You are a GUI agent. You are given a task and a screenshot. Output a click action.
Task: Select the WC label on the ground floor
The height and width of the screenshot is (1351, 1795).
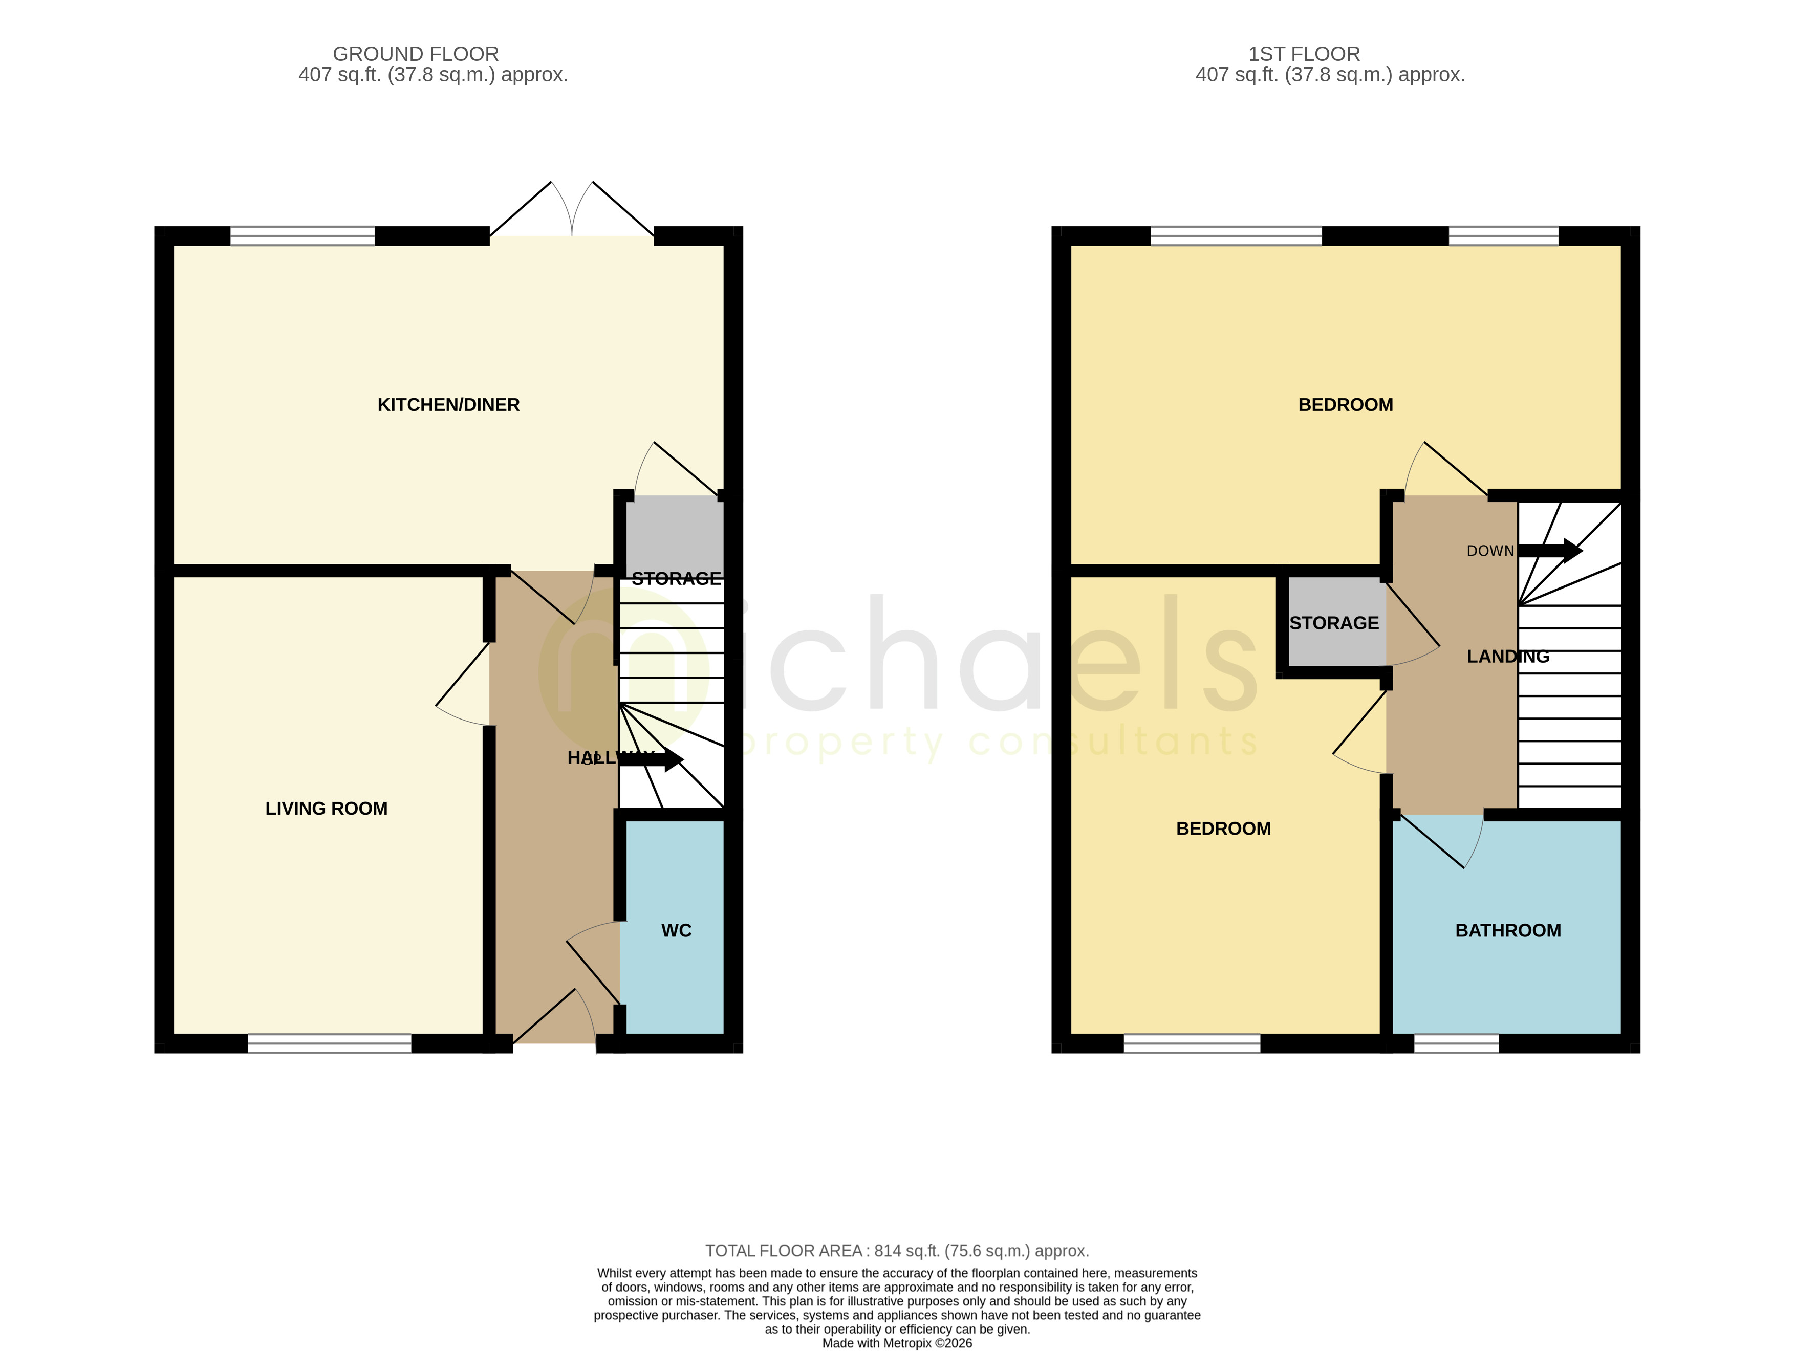[x=676, y=931]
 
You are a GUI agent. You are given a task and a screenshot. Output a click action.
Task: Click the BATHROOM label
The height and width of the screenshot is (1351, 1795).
[x=1508, y=931]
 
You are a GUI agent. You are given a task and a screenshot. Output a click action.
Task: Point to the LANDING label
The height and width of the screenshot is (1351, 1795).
[x=1508, y=657]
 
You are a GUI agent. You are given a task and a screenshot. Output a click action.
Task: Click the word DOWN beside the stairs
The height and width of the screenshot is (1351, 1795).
[x=1490, y=551]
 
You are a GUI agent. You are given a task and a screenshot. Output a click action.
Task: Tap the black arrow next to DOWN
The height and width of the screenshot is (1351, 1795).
[x=1550, y=551]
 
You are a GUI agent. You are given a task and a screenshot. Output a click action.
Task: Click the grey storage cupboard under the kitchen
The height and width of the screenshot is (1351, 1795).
[x=675, y=535]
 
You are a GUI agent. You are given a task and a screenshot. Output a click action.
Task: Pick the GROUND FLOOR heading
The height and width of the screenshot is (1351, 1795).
[x=416, y=54]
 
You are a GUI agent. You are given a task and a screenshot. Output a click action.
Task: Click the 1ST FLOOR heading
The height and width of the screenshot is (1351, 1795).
[x=1304, y=54]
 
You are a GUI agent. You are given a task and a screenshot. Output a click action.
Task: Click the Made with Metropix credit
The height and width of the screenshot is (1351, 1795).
[x=897, y=1343]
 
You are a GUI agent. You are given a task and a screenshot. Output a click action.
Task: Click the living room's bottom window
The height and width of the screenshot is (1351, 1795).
[x=330, y=1043]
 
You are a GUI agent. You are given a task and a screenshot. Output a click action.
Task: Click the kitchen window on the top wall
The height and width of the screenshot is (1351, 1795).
[x=302, y=236]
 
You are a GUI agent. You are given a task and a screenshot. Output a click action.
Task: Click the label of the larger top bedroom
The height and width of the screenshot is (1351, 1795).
[x=1346, y=405]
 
